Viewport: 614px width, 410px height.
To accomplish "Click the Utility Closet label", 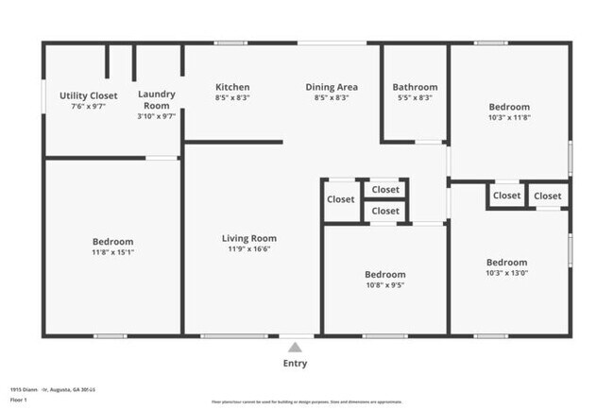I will tap(88, 95).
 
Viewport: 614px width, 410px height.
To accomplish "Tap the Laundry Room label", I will tap(157, 99).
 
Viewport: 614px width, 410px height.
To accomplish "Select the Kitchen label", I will tap(232, 87).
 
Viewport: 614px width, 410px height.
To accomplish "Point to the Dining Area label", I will tap(331, 87).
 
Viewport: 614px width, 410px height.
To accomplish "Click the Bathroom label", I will tap(415, 87).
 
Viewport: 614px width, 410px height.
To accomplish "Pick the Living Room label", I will tap(248, 238).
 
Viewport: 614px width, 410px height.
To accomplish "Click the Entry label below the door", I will tap(295, 363).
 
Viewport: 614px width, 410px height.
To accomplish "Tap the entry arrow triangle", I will tap(296, 347).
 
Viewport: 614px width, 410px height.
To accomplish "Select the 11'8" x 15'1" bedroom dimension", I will tap(112, 252).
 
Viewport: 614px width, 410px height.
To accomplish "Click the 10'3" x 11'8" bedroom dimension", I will tap(509, 118).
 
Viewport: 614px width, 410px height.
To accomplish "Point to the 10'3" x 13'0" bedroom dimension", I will tap(506, 273).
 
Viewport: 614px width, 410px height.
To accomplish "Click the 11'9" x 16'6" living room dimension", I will tap(248, 249).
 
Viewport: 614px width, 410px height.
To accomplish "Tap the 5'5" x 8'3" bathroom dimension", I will tap(415, 98).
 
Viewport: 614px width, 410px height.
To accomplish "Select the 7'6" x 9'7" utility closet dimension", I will tap(88, 107).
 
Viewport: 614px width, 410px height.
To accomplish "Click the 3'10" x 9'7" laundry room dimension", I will tap(157, 117).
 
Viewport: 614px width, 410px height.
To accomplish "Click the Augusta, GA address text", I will tap(57, 388).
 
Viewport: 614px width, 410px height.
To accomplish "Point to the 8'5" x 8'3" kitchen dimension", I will tap(232, 98).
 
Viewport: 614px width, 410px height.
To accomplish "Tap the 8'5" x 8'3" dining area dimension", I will tap(331, 98).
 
